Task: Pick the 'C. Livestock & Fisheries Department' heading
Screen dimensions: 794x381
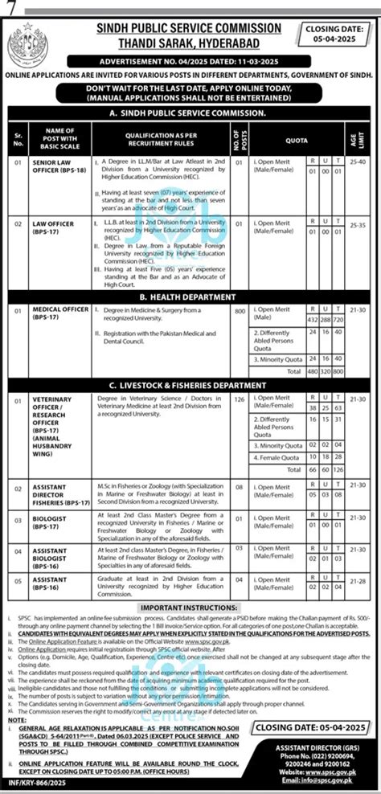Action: click(x=190, y=387)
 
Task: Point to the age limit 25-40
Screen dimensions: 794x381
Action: click(x=366, y=163)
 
